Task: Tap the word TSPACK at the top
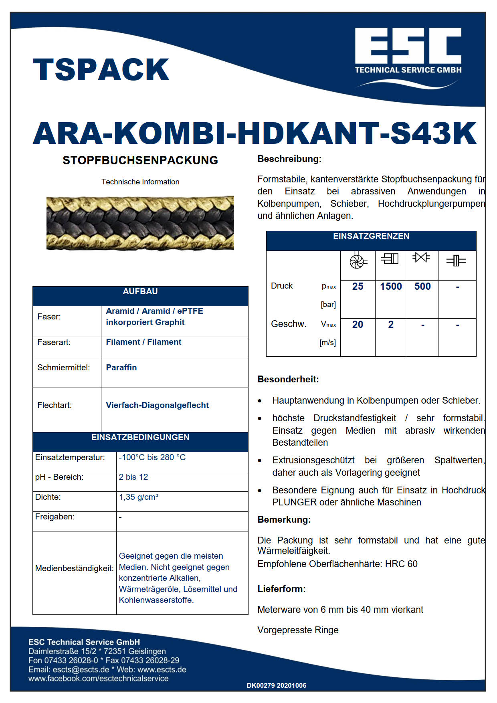(x=101, y=70)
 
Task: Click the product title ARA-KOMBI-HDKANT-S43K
(x=255, y=133)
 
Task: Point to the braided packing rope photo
(x=140, y=223)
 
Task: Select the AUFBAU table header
(x=140, y=292)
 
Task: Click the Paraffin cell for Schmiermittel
(x=121, y=368)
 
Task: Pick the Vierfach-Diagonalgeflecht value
(x=157, y=405)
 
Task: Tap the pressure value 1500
(x=391, y=287)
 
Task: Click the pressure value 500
(x=422, y=287)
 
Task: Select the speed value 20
(x=358, y=325)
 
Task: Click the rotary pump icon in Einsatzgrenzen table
(x=358, y=261)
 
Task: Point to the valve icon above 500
(x=421, y=257)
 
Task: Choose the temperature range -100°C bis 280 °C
(x=152, y=457)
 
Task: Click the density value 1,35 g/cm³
(x=139, y=497)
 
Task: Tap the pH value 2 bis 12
(x=133, y=477)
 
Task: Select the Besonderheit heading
(x=288, y=379)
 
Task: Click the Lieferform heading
(x=281, y=589)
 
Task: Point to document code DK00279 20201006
(x=277, y=685)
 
